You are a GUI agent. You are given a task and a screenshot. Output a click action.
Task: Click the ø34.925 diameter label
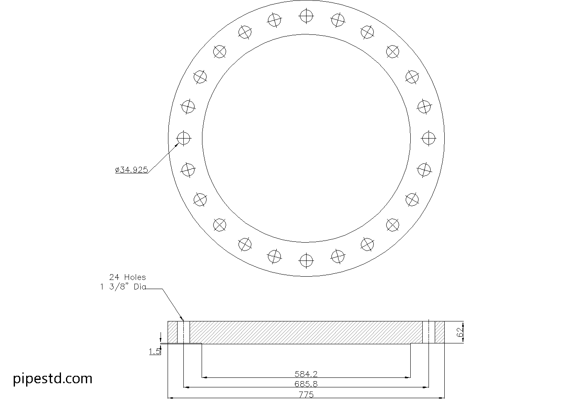click(x=132, y=170)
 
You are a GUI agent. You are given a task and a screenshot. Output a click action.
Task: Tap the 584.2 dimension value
click(x=306, y=374)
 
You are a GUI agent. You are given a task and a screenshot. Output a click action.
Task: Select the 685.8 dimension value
click(x=306, y=384)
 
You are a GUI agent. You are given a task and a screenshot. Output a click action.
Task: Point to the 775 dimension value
click(x=306, y=394)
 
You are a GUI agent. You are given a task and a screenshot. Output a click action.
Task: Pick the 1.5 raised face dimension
click(x=155, y=351)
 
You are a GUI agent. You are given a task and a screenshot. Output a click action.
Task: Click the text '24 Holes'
click(x=127, y=277)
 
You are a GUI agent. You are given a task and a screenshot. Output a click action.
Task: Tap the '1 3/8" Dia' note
click(x=123, y=287)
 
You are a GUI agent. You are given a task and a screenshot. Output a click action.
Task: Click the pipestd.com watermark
click(x=53, y=378)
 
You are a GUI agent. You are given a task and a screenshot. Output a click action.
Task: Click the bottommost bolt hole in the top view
click(x=306, y=260)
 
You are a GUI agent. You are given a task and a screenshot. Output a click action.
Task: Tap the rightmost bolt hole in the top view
click(x=428, y=138)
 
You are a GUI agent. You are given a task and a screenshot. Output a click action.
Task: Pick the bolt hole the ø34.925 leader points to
click(x=183, y=138)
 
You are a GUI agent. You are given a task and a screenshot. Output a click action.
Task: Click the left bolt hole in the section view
click(x=183, y=332)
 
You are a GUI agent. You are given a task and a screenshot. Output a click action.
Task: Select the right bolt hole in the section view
click(x=429, y=332)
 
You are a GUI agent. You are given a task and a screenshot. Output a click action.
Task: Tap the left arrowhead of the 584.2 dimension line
click(x=204, y=377)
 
